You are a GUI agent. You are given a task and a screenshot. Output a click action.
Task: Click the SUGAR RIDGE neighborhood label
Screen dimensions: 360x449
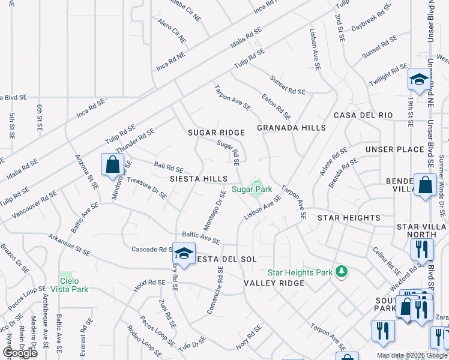click(x=216, y=133)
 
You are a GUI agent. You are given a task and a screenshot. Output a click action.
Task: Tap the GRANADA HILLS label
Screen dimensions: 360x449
click(x=291, y=128)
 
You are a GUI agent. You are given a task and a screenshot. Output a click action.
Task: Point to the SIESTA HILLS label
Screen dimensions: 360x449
click(x=198, y=179)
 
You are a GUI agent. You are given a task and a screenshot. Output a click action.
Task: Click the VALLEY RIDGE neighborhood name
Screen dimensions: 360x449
click(x=270, y=283)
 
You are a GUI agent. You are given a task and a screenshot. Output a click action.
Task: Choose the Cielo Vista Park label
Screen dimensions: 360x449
click(x=74, y=285)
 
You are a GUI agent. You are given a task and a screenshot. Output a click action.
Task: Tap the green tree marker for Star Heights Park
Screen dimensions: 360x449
click(x=342, y=272)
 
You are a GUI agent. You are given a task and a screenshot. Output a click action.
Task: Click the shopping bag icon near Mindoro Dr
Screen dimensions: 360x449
click(x=113, y=164)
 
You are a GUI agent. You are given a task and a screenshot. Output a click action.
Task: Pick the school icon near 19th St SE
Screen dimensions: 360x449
click(x=418, y=79)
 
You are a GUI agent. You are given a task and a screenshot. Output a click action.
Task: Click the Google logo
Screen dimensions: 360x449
click(x=20, y=352)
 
